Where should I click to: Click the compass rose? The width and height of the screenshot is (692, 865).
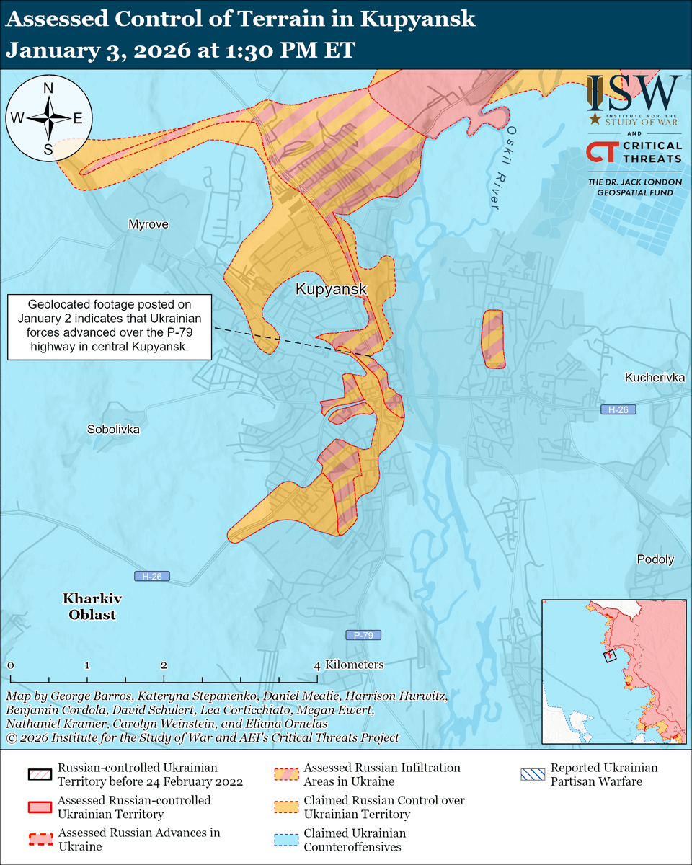coord(48,117)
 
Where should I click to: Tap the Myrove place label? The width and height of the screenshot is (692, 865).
coord(148,224)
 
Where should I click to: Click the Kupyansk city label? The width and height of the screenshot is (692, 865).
coord(332,290)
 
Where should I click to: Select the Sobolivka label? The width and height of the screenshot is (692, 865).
coord(113,429)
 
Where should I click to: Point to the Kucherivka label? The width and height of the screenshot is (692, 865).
coord(655,377)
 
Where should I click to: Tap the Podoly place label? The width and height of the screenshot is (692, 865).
coord(655,559)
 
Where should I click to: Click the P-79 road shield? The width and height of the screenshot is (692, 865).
coord(363,635)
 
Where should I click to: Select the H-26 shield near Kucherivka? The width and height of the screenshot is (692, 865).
coord(618,409)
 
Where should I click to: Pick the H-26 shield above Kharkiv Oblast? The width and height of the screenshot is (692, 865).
coord(152,577)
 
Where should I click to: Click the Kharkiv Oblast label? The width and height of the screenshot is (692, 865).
coord(92,607)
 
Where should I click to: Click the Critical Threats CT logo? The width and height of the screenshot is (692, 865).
coord(600,152)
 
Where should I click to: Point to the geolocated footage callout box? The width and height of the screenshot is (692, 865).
coord(110,327)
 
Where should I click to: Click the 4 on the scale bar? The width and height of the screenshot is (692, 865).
coord(317,664)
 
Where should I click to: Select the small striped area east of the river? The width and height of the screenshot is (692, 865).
coord(493,339)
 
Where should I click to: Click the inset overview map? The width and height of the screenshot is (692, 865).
coord(613,671)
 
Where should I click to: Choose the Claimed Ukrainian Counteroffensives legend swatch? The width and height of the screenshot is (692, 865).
coord(285,840)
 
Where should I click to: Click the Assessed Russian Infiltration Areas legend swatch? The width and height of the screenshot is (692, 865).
coord(285,775)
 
